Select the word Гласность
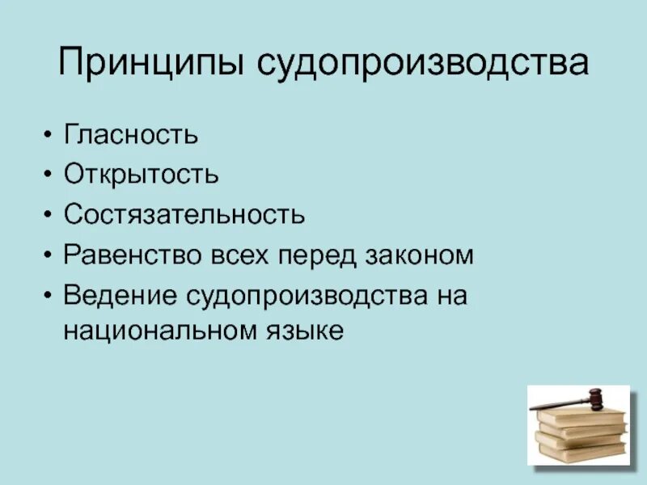(131, 133)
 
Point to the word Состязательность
(185, 214)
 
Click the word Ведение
(121, 296)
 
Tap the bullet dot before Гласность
(50, 134)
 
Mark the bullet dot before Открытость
(50, 175)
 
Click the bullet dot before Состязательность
(50, 215)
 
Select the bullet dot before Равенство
(50, 256)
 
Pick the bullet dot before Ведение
(50, 297)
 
